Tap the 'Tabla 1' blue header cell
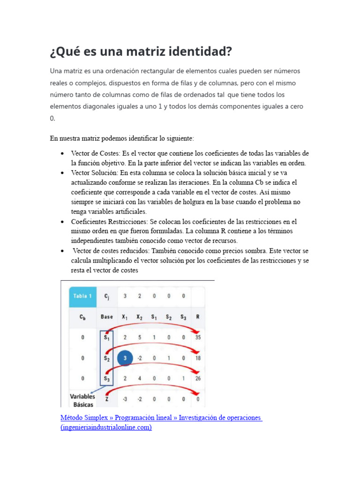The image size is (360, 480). coord(83,296)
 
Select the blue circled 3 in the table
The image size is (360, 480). coord(125,358)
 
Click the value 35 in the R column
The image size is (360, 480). coord(198,337)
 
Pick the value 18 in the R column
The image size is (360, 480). coord(198,358)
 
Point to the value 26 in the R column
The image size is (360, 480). coord(198,378)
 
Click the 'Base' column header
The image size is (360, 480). coord(106,316)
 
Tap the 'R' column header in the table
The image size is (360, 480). coord(198,316)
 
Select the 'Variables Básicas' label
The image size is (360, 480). coord(82,400)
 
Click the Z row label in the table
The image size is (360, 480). coord(107,399)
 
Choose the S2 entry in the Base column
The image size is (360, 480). coord(107,358)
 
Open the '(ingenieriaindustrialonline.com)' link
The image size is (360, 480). coord(106,427)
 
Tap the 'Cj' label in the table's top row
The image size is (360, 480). coord(107,296)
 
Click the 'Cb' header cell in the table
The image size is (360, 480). coord(82,316)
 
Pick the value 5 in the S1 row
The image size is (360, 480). coord(139,337)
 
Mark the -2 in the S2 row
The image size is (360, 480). coord(139,358)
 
